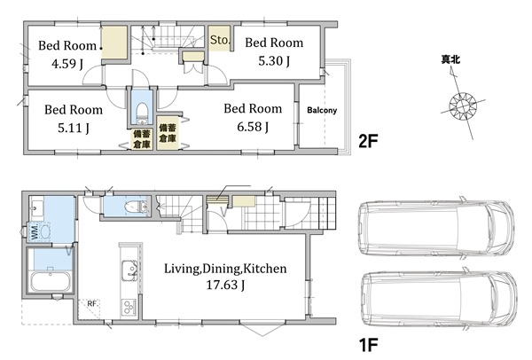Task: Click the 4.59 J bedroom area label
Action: click(x=67, y=64)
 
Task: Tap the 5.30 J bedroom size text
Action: click(x=274, y=60)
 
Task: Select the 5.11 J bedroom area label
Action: click(x=74, y=128)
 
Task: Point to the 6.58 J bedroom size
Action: click(x=253, y=127)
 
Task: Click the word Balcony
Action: click(x=322, y=110)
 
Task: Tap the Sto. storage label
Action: click(x=220, y=40)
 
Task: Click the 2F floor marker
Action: click(x=368, y=141)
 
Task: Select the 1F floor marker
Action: click(x=368, y=345)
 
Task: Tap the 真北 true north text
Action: click(x=450, y=59)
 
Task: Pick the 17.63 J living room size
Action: click(x=225, y=285)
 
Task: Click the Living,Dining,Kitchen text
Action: click(x=225, y=269)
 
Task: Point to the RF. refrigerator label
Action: click(x=92, y=303)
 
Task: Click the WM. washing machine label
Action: click(x=35, y=231)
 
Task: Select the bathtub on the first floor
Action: click(x=51, y=281)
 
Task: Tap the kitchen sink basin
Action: click(x=129, y=270)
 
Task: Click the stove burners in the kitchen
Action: click(x=129, y=308)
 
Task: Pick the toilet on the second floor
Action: click(x=142, y=113)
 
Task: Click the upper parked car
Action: click(x=436, y=228)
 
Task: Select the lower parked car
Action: click(x=438, y=299)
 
